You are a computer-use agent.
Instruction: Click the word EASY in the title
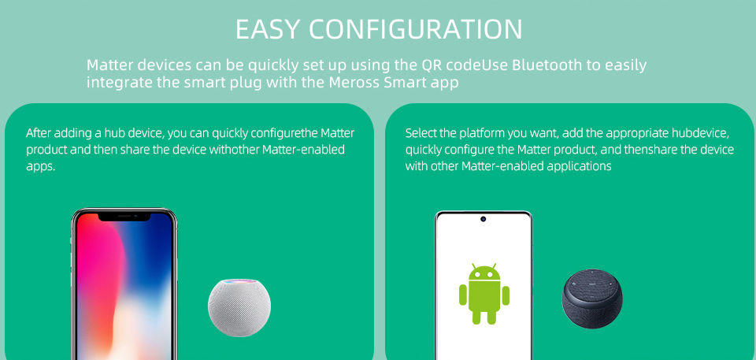click(268, 29)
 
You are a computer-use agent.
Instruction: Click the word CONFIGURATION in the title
click(415, 29)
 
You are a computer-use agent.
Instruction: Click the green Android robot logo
click(484, 294)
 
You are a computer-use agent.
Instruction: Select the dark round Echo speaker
click(591, 300)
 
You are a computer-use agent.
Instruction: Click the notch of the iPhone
click(124, 216)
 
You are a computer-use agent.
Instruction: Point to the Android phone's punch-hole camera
click(483, 218)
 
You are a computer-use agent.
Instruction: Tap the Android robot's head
click(484, 273)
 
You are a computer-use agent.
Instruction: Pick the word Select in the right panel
click(421, 133)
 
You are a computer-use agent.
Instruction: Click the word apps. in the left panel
click(40, 166)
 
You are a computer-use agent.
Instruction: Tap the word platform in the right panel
click(479, 133)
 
